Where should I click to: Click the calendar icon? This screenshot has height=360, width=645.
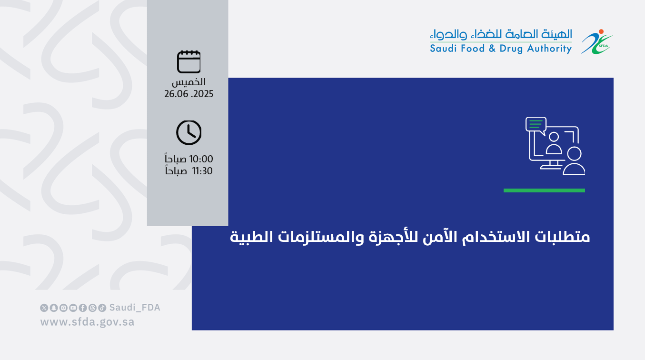coord(189,62)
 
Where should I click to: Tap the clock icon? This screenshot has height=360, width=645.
coord(189,133)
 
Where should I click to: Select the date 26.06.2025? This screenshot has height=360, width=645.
coord(189,94)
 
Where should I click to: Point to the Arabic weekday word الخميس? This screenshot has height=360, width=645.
coord(189,82)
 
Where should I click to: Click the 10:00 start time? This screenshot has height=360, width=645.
coord(201,159)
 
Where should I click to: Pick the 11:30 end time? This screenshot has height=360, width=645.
coord(202,171)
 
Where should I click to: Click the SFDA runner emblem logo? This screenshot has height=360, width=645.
coord(596,42)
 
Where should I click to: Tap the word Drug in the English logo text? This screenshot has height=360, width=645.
coord(511,49)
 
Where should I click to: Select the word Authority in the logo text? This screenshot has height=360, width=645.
coord(549,49)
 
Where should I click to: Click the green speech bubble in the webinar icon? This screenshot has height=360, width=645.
coord(536,125)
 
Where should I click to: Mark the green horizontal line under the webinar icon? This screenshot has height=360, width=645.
coord(544,190)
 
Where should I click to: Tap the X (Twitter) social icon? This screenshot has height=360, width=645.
coord(44,308)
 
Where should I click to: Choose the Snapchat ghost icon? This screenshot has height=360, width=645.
coord(54,308)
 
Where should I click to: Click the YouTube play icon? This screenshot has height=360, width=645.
coord(73,308)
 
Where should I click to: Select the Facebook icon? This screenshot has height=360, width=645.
coord(83,308)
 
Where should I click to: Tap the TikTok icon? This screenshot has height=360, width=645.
coord(102,308)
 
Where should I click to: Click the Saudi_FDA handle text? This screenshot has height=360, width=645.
coord(135,308)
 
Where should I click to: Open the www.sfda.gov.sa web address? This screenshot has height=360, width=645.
coord(87,322)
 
